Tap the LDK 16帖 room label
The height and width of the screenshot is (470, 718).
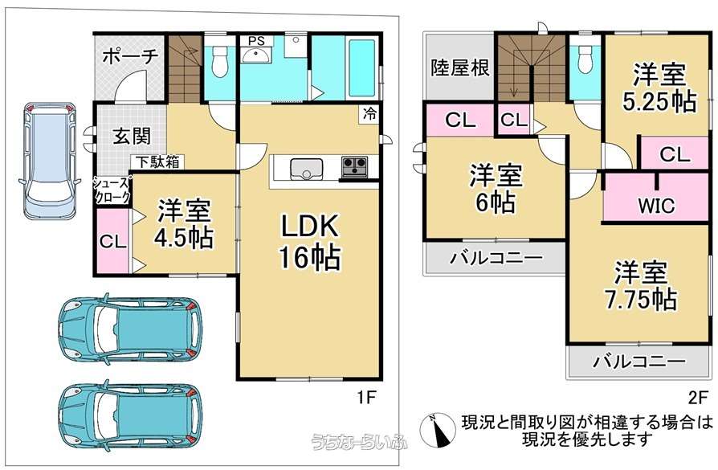[309, 241]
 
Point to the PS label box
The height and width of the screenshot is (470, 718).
[256, 41]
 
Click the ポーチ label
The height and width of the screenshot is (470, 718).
[130, 56]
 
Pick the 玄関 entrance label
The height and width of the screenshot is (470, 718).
[132, 136]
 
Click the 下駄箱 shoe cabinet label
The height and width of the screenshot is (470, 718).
[159, 162]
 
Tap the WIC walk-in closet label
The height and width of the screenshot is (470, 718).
[656, 206]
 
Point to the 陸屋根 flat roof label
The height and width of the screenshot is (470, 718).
[460, 67]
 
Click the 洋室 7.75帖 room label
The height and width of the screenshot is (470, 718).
[641, 286]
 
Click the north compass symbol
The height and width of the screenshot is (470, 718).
[437, 431]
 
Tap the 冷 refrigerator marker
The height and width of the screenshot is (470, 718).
[370, 113]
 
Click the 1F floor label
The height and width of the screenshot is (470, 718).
[366, 397]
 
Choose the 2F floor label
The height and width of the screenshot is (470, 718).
[698, 397]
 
